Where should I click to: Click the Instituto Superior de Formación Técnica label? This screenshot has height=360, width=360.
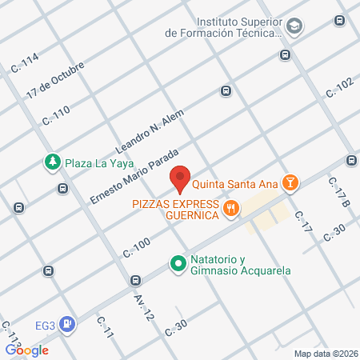223,26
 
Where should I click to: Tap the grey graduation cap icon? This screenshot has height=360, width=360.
294,26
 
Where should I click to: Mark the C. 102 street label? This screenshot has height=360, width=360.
338,89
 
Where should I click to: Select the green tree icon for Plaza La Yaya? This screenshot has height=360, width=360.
52,162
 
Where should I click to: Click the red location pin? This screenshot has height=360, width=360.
181,179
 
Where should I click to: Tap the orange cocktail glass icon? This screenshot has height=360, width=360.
290,183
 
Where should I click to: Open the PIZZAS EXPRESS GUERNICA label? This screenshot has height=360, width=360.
176,210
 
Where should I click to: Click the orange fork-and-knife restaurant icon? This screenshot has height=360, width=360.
232,210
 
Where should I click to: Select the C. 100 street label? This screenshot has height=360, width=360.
137,247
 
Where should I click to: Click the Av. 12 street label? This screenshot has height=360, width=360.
143,305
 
